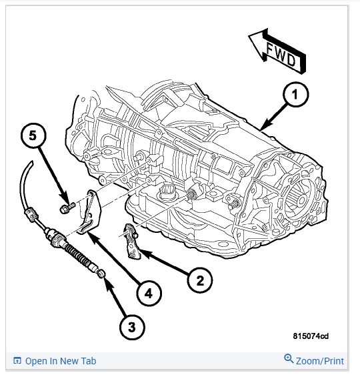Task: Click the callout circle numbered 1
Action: click(x=295, y=94)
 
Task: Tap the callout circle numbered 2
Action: click(x=200, y=280)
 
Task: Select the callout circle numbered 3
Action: click(x=132, y=327)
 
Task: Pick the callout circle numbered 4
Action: click(x=149, y=293)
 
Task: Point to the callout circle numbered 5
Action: click(x=33, y=135)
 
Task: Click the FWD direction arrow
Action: click(x=277, y=51)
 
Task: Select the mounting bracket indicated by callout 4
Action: click(x=89, y=212)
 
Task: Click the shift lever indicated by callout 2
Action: click(x=131, y=242)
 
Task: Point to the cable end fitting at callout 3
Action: click(x=100, y=274)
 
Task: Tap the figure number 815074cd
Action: click(x=311, y=336)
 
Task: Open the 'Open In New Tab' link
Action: click(x=61, y=361)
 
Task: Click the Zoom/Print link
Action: click(x=320, y=361)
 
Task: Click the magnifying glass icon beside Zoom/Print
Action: click(x=289, y=359)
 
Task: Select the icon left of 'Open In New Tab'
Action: click(x=17, y=360)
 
